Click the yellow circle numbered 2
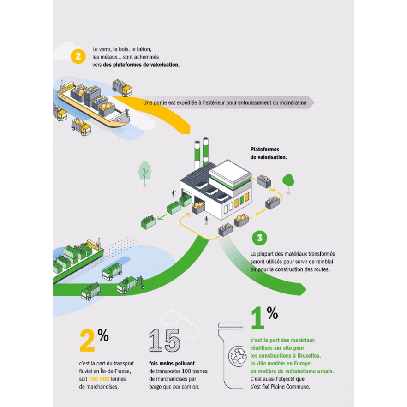[78, 56]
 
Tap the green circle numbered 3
[260, 238]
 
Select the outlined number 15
[164, 341]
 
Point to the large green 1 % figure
[263, 318]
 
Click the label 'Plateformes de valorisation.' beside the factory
[269, 153]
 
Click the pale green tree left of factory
[145, 171]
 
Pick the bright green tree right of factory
[288, 180]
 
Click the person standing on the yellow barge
[127, 112]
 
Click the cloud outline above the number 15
[173, 319]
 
